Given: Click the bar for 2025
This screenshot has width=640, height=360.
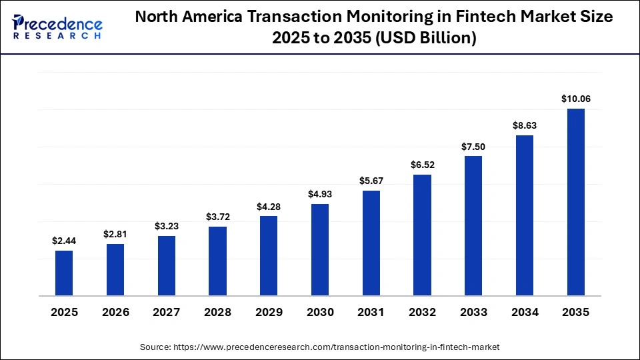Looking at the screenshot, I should pyautogui.click(x=64, y=273).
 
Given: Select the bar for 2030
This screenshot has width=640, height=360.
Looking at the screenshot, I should pyautogui.click(x=320, y=249).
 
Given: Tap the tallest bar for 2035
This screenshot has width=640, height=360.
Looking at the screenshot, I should pyautogui.click(x=575, y=201).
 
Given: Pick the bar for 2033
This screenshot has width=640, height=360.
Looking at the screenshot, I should pyautogui.click(x=473, y=225).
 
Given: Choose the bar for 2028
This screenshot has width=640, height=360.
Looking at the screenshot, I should pyautogui.click(x=217, y=261).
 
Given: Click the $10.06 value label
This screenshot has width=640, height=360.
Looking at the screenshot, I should pyautogui.click(x=575, y=99).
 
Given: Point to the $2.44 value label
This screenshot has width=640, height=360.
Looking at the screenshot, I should pyautogui.click(x=64, y=241).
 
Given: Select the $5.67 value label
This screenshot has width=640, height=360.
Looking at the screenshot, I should pyautogui.click(x=371, y=181).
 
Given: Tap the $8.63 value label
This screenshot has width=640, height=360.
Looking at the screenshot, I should pyautogui.click(x=525, y=125).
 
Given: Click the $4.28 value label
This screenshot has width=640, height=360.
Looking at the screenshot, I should pyautogui.click(x=269, y=206).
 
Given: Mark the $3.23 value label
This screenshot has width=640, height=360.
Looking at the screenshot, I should pyautogui.click(x=167, y=226).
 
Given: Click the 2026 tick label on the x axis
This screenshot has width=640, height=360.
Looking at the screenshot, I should pyautogui.click(x=115, y=312).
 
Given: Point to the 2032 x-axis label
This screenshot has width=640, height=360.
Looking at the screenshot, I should pyautogui.click(x=422, y=312).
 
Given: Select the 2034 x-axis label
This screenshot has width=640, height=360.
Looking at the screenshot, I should pyautogui.click(x=525, y=312).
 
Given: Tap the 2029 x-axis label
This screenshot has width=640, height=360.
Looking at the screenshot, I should pyautogui.click(x=269, y=312).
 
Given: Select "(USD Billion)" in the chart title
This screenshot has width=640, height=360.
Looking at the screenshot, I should pyautogui.click(x=426, y=39).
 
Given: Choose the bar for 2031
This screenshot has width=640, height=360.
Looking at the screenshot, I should pyautogui.click(x=371, y=243).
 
